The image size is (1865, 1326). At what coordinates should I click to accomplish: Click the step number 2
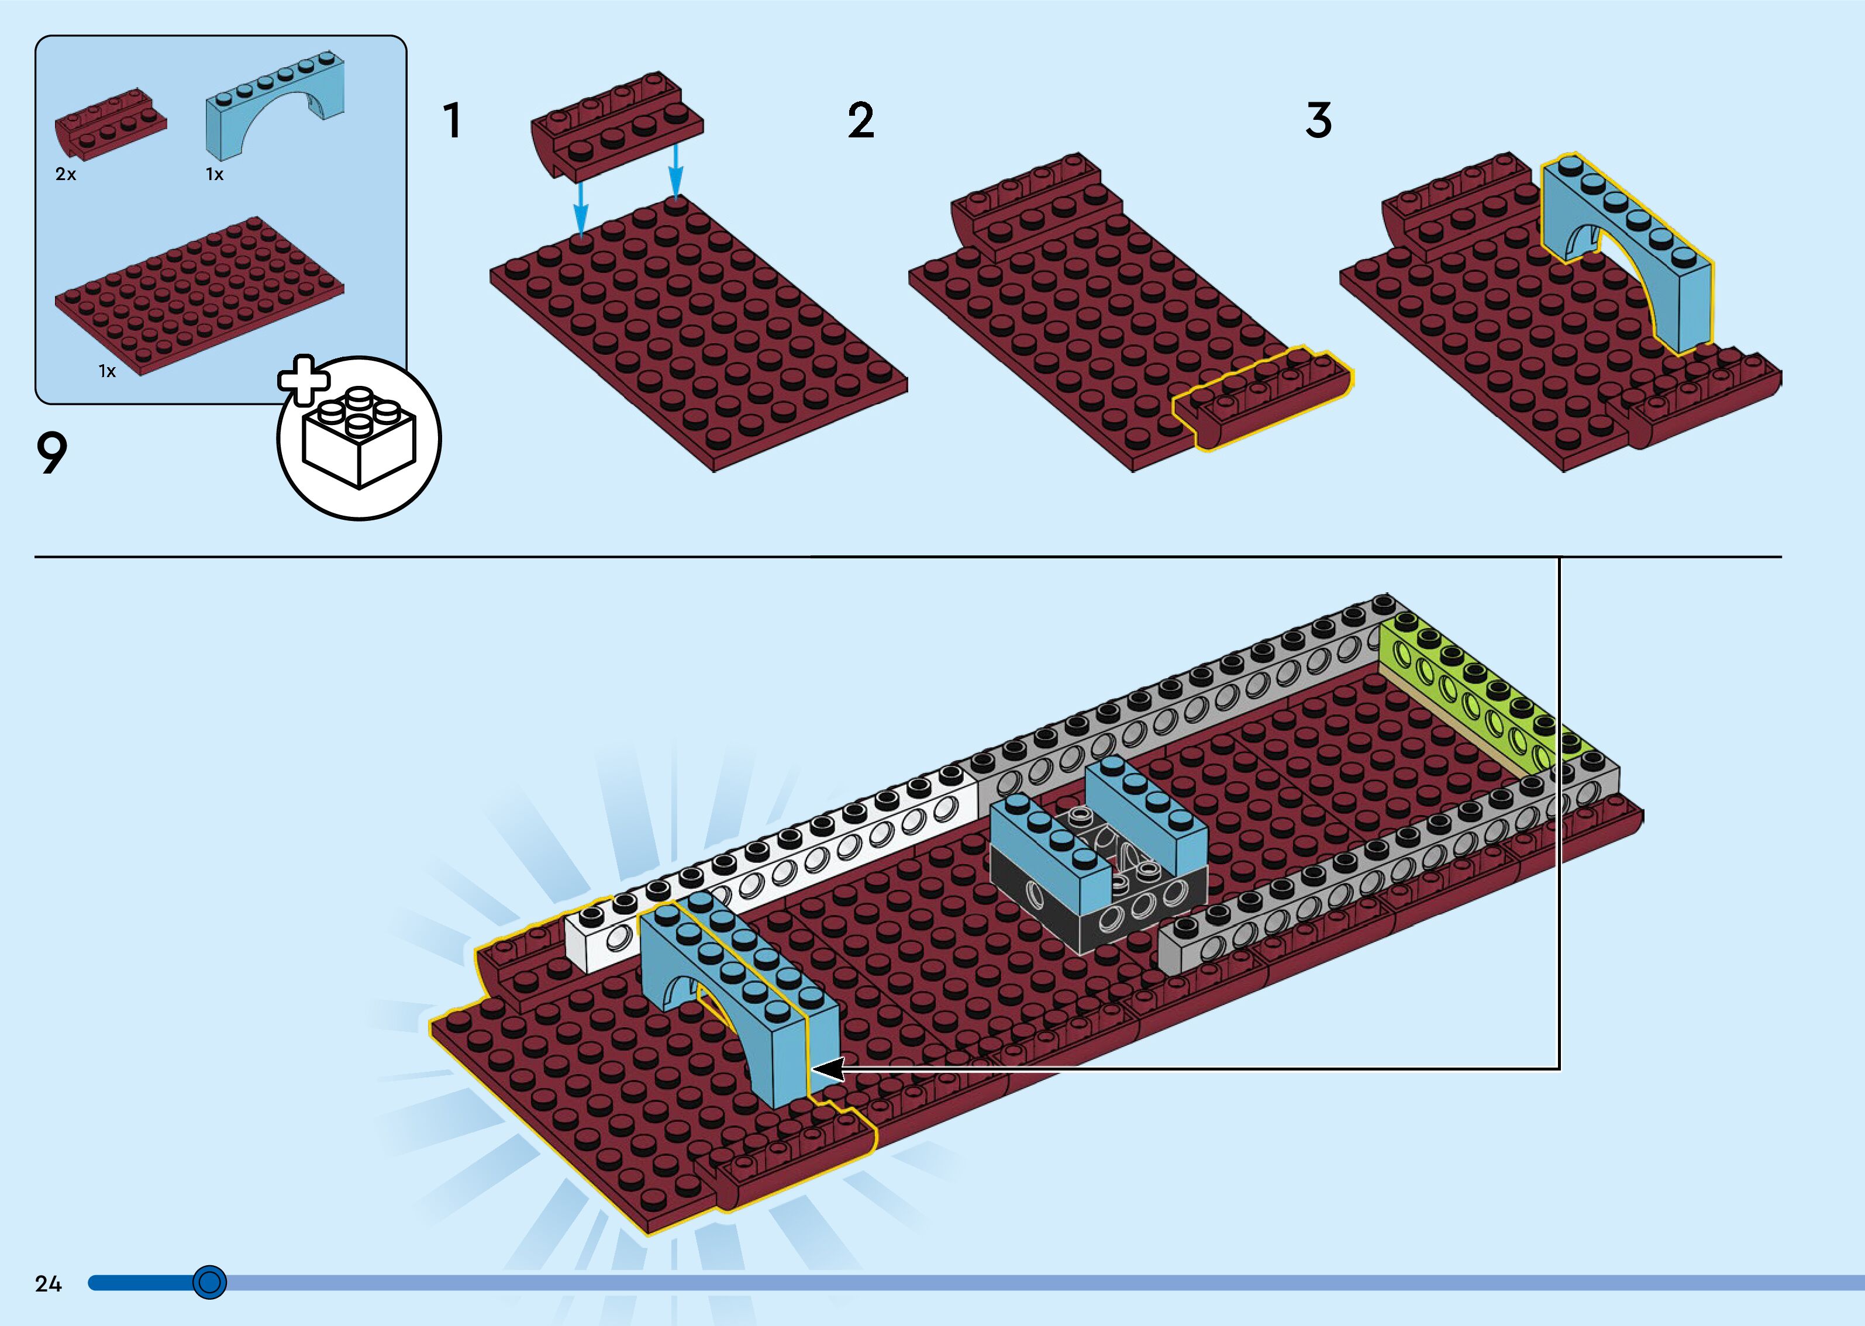click(861, 121)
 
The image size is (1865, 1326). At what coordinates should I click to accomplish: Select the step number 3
click(1318, 121)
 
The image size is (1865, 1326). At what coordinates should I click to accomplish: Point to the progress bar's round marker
click(210, 1282)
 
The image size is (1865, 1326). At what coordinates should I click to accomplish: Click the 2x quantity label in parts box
click(66, 174)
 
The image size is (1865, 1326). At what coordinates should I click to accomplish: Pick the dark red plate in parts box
click(200, 294)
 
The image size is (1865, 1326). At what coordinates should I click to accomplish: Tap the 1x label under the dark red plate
click(107, 371)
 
